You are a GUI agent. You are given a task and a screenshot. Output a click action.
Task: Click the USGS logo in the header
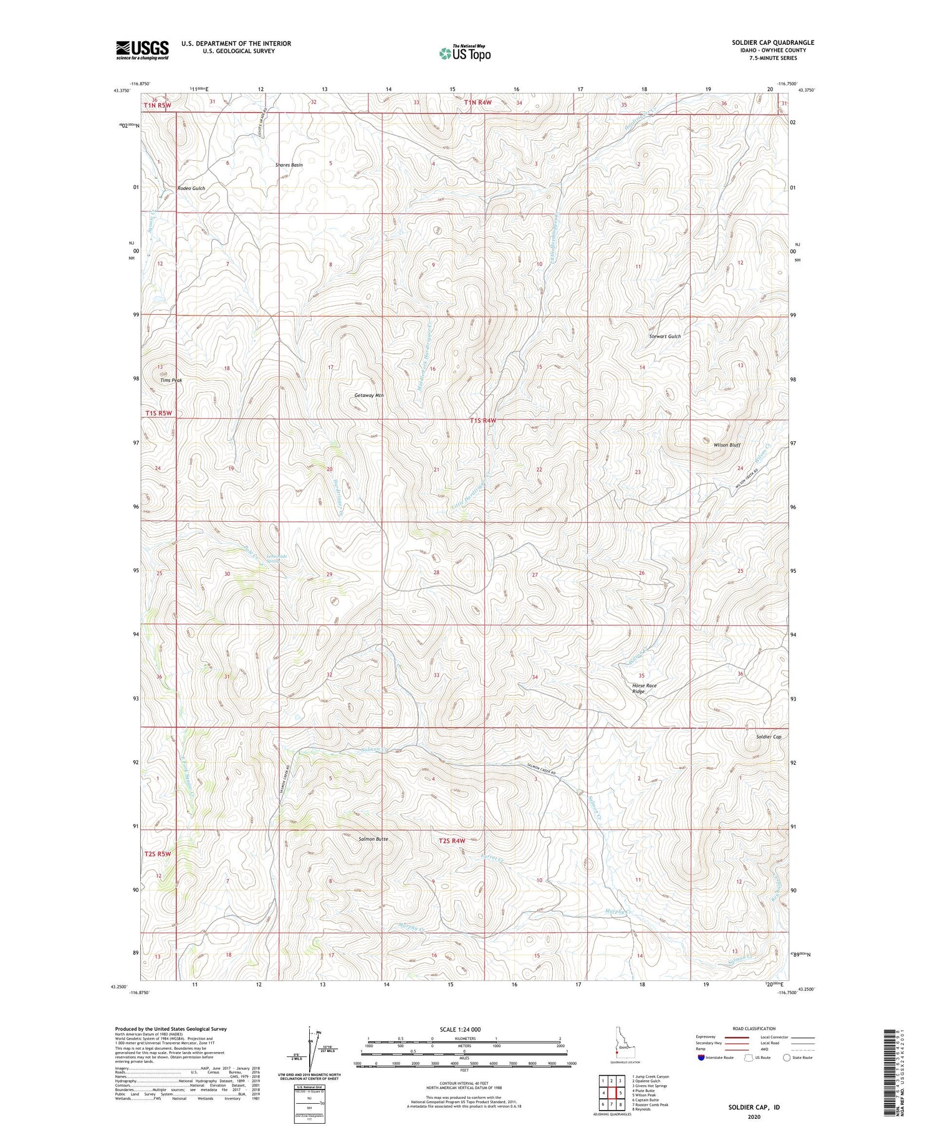[x=142, y=50]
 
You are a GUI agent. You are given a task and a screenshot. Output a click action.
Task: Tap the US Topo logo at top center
[x=464, y=53]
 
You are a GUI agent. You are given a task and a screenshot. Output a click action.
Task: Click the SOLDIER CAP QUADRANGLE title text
[x=772, y=42]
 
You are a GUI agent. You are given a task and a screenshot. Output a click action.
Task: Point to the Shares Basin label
[x=289, y=165]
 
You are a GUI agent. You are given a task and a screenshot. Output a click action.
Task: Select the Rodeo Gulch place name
[x=191, y=188]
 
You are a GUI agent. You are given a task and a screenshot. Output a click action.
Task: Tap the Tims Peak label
[x=171, y=380]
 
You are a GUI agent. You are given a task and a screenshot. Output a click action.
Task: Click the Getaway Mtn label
[x=368, y=395]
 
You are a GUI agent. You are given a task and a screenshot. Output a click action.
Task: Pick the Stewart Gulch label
[x=665, y=337]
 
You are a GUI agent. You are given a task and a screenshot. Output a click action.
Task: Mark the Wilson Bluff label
[x=727, y=446]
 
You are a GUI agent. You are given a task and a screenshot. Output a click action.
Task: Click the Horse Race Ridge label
[x=644, y=688]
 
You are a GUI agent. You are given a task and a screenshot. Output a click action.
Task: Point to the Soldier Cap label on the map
[x=768, y=737]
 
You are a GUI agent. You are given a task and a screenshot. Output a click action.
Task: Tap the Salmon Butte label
[x=373, y=839]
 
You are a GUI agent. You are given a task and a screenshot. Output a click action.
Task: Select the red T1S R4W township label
[x=483, y=421]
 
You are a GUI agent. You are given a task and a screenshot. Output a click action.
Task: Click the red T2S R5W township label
[x=158, y=853]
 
